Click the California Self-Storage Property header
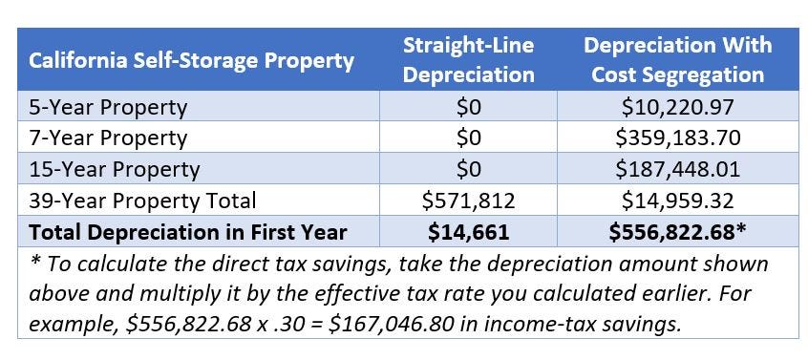(191, 61)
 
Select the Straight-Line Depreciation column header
(468, 59)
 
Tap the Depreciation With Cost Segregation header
(677, 59)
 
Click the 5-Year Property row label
(106, 107)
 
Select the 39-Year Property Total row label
(143, 201)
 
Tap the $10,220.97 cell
(677, 107)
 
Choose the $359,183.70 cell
(677, 138)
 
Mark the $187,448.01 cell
(677, 170)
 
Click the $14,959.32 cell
(677, 201)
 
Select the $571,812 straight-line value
(469, 201)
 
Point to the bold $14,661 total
(469, 232)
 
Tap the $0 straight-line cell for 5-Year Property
(469, 107)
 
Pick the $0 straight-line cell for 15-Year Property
(469, 170)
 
